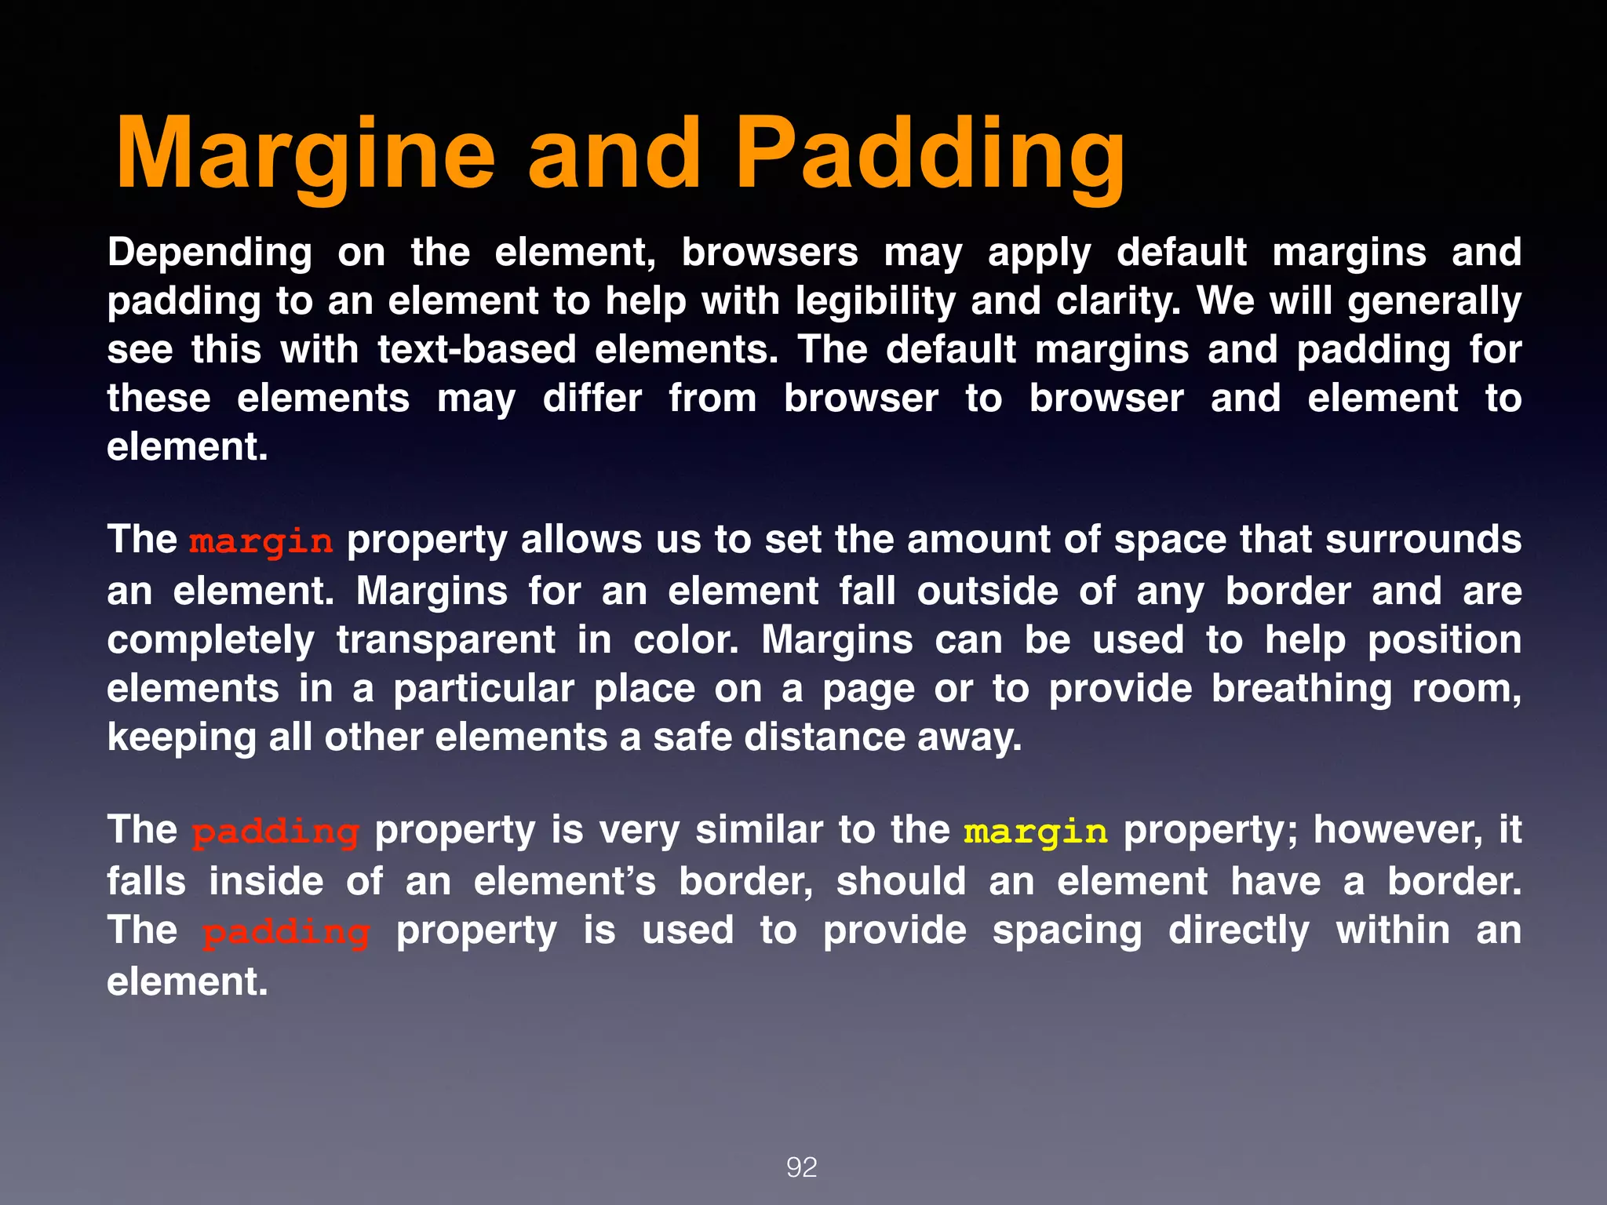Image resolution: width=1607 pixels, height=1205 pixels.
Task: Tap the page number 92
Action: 801,1167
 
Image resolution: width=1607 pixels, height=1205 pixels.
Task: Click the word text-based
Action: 476,350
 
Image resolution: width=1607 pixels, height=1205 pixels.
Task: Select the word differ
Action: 592,399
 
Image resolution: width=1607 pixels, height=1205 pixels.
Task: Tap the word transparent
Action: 446,640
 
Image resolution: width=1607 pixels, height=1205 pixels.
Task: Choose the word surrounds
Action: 1423,541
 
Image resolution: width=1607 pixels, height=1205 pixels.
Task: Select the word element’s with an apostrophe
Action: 564,881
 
